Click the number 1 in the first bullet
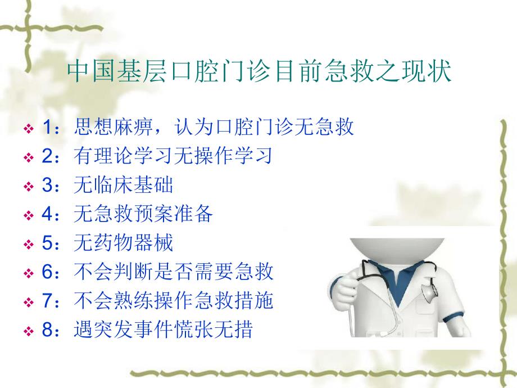tap(47, 128)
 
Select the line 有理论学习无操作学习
tap(173, 156)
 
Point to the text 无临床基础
tap(123, 186)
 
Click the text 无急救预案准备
tap(143, 215)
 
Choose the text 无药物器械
tap(123, 243)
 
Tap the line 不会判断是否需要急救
tap(173, 273)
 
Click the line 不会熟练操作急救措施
tap(173, 302)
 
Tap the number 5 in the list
tap(47, 244)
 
